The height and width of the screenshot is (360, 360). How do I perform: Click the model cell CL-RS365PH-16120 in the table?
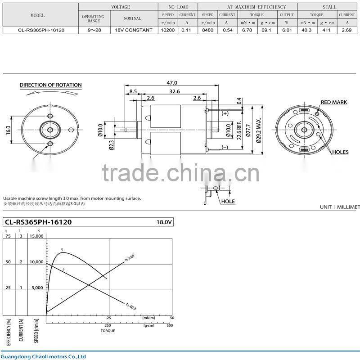(38, 30)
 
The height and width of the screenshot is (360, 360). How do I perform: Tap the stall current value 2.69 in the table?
(346, 30)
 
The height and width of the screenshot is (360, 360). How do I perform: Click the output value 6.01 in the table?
(287, 30)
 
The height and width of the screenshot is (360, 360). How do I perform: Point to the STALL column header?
(329, 7)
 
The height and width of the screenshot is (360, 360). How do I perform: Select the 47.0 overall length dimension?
(172, 83)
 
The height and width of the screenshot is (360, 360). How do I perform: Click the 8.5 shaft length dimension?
(133, 91)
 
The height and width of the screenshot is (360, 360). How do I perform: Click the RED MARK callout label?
(333, 103)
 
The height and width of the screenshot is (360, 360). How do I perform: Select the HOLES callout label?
(340, 152)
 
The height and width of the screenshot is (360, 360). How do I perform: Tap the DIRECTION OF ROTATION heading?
(50, 85)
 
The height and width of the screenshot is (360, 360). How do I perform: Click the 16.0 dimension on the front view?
(8, 130)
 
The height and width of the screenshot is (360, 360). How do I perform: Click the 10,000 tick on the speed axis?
(36, 261)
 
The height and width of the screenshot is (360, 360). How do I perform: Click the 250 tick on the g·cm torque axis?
(108, 325)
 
